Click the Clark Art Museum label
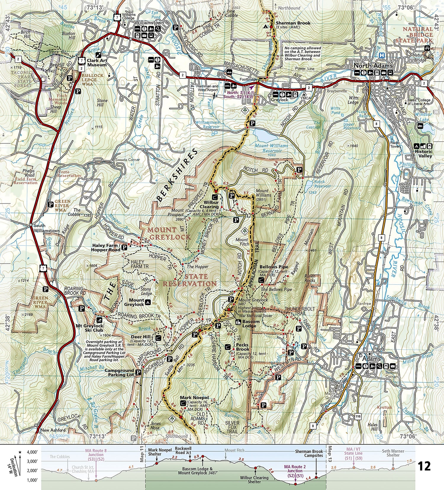point(97,62)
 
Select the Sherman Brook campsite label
point(293,23)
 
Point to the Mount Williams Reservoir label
point(271,148)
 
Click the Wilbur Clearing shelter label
point(210,205)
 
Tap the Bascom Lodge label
point(251,323)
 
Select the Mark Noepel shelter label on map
point(194,398)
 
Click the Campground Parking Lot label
point(119,372)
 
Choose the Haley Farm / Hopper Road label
point(106,248)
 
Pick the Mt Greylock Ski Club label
point(89,328)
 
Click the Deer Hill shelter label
point(141,337)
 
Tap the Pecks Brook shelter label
point(242,347)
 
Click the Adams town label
point(371,359)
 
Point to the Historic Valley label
point(423,153)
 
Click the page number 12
point(424,466)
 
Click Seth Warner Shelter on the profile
point(393,453)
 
